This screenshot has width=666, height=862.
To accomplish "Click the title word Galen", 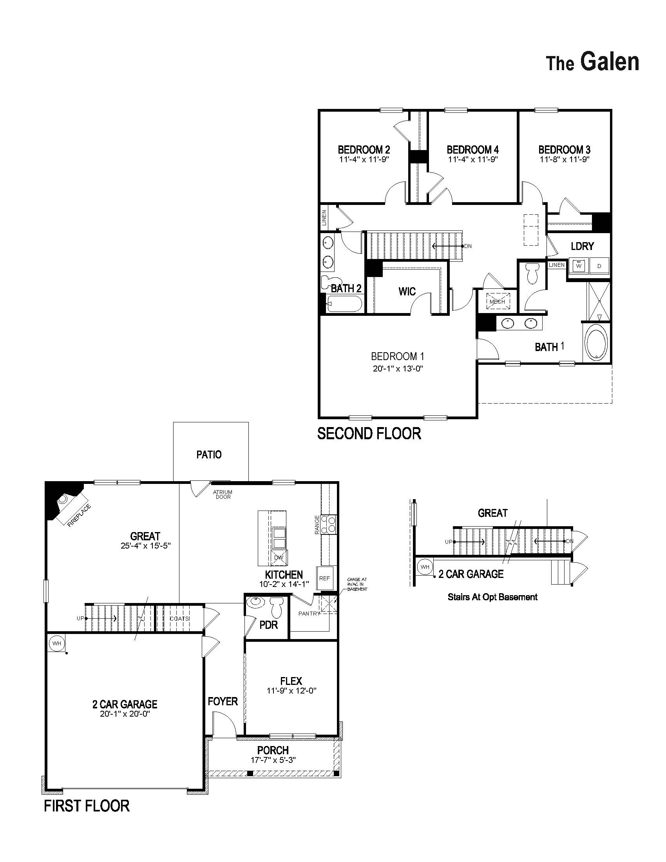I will [610, 62].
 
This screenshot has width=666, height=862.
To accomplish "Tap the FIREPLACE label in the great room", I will [79, 516].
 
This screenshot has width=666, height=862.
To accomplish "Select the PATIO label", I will [209, 455].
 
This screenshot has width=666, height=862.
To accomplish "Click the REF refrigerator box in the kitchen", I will [324, 578].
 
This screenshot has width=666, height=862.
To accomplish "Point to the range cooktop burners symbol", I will [329, 524].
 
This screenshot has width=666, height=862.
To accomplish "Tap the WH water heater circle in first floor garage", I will [56, 643].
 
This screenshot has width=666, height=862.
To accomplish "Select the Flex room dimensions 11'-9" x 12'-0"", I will [291, 691].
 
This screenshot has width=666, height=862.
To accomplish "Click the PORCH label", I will [273, 750].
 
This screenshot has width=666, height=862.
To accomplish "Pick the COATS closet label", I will [180, 618].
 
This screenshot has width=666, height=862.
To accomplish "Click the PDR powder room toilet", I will [277, 608].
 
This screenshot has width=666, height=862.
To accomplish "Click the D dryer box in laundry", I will [599, 266].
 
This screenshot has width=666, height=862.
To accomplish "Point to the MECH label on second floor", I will [497, 302].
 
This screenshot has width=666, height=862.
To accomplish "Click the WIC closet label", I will [407, 291].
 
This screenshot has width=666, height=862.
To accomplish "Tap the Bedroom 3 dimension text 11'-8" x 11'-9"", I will [565, 159].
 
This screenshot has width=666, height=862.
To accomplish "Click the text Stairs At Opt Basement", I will [492, 597].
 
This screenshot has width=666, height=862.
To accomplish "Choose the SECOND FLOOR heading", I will [369, 433].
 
